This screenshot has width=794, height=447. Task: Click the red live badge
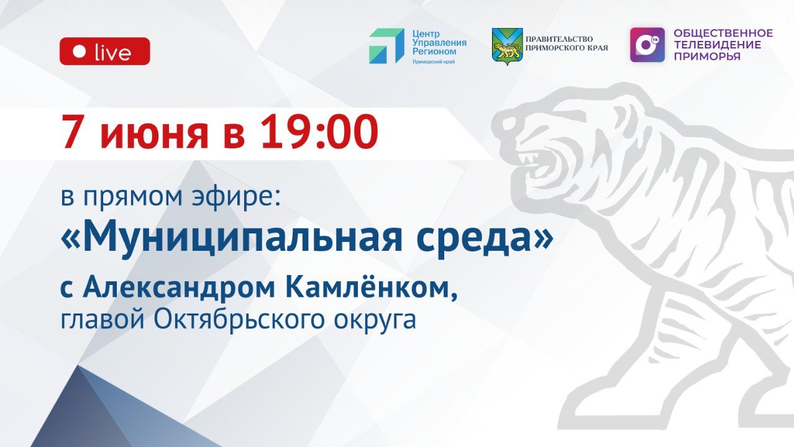104,52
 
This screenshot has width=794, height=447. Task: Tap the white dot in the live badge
79,52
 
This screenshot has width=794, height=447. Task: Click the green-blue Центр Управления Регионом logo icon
386,45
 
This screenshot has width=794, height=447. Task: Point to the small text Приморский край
434,61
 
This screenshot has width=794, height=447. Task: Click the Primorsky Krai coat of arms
506,45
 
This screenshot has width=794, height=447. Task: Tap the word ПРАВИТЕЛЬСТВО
559,38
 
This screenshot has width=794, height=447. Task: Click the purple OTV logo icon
647,45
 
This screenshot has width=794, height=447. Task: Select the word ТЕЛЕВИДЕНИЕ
717,45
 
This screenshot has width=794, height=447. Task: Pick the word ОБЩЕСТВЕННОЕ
723,33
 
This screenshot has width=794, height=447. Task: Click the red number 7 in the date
72,132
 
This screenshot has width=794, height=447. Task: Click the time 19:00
319,132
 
